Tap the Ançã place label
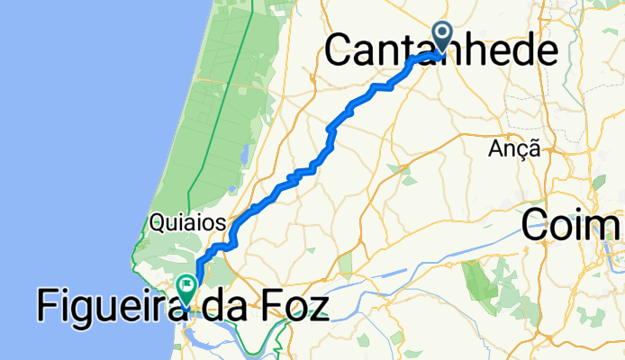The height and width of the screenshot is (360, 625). click(514, 149)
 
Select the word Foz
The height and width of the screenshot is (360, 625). click(292, 307)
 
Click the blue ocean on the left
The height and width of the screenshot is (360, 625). click(72, 135)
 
